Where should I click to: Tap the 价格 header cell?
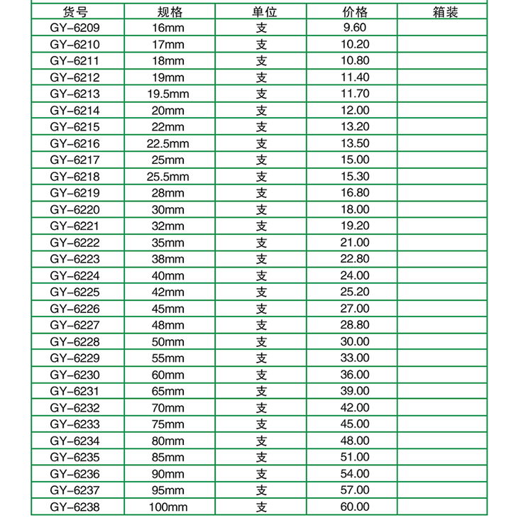tap(356, 12)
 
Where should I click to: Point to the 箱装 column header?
tap(445, 12)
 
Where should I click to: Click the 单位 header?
tap(262, 12)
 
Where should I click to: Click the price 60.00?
tap(356, 507)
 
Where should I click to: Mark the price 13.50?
tap(356, 143)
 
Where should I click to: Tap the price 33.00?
tap(356, 358)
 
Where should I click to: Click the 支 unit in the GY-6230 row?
tap(262, 375)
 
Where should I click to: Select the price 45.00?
tap(356, 424)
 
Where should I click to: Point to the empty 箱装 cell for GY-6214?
tap(445, 111)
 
